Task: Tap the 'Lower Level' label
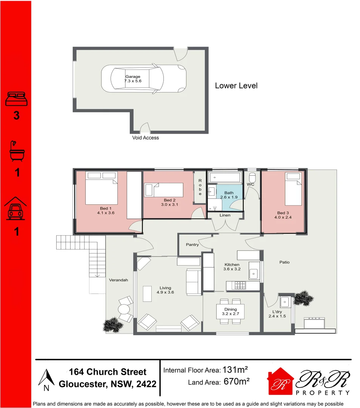coord(236,86)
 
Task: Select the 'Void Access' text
coord(145,138)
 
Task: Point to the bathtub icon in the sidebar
coord(17,151)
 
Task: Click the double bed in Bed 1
coord(101,188)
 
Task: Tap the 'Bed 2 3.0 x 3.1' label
coord(169,202)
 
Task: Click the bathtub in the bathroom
coord(225,177)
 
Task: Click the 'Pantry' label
coord(192,245)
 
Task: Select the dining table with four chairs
coord(231,312)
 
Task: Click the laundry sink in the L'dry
coord(285,302)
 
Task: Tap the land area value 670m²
coord(236,382)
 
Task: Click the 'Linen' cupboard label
coord(225,215)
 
